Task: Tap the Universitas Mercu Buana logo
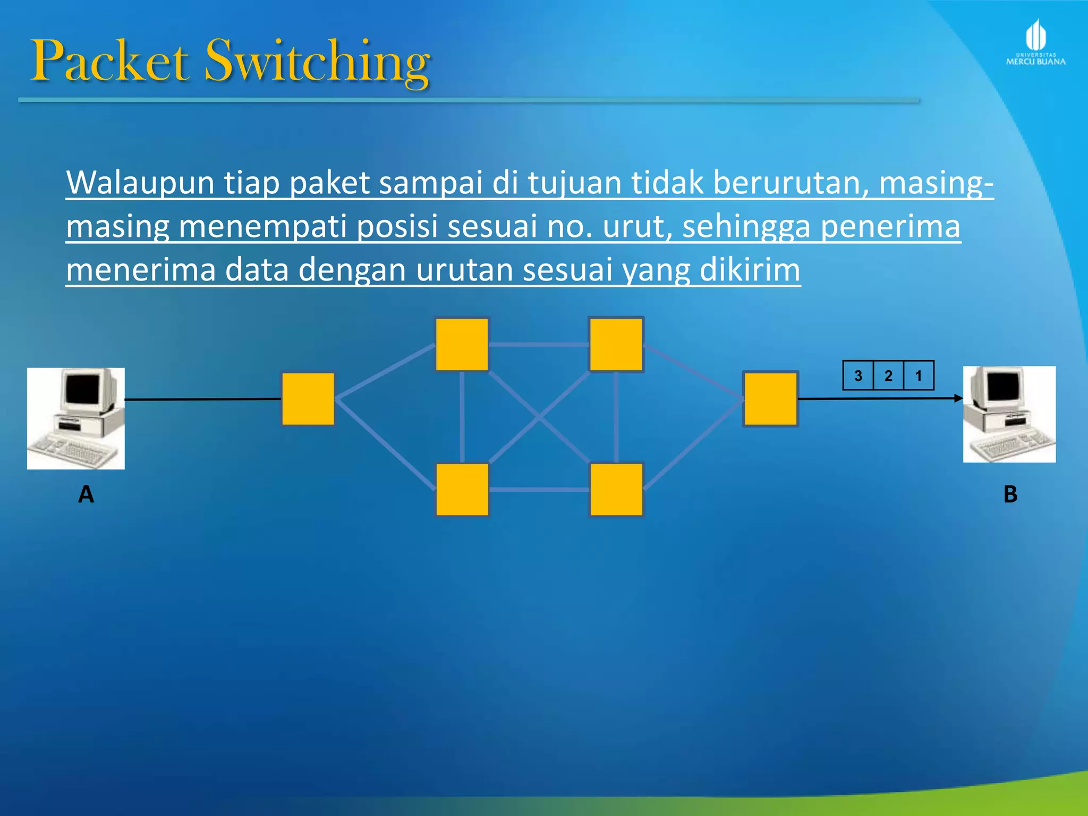coord(1035,43)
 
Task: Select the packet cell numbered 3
coord(858,376)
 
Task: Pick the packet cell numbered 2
coord(888,376)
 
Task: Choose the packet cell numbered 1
coord(919,376)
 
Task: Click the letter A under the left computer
coord(86,495)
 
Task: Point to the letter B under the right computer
coord(1010,495)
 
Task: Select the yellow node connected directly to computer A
coord(308,398)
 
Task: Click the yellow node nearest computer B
coord(770,398)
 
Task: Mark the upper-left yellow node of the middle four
coord(462,344)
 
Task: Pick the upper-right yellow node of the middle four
coord(616,344)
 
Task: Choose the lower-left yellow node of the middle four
coord(462,489)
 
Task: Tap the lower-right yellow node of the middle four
coord(616,489)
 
